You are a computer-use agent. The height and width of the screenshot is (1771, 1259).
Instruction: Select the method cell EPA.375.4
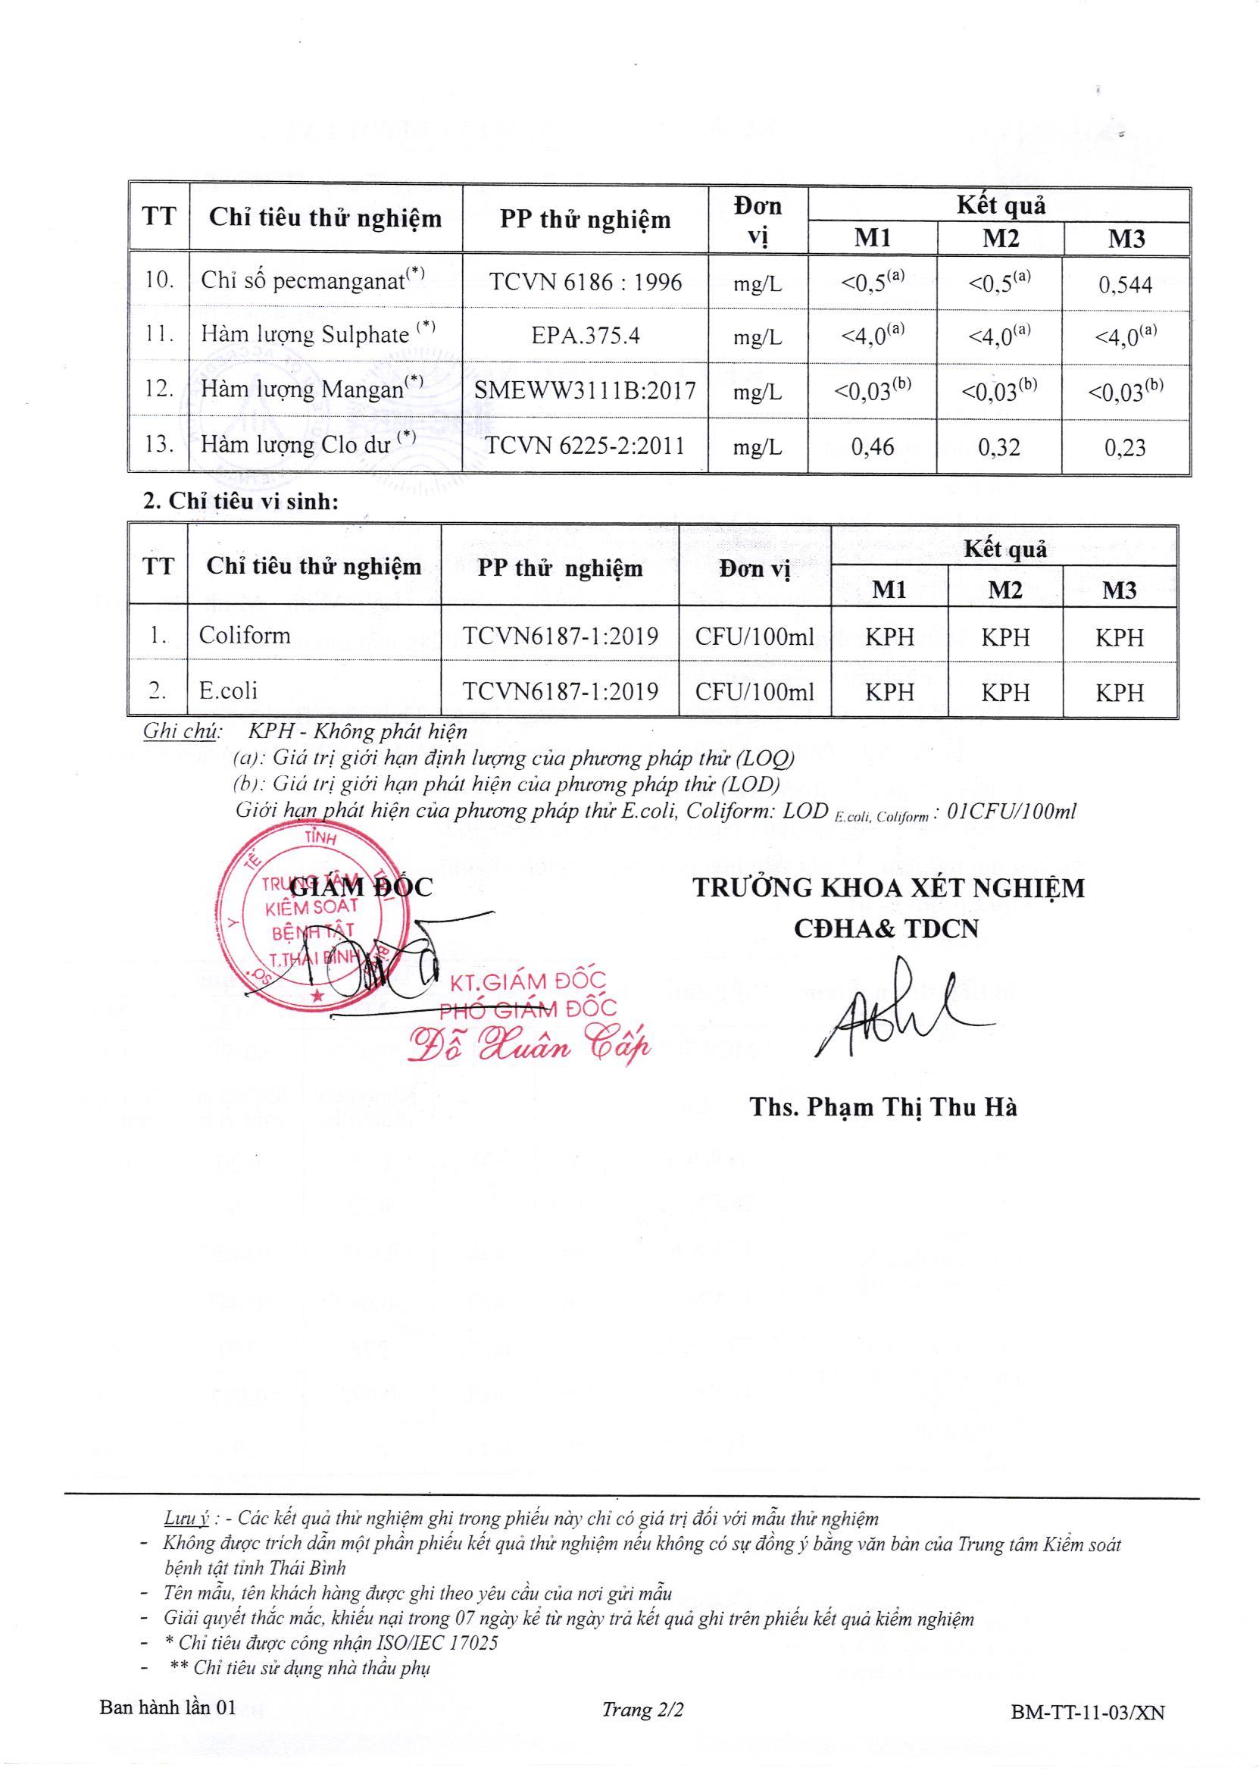pyautogui.click(x=586, y=336)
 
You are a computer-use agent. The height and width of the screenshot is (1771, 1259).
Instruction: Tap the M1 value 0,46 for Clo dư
pyautogui.click(x=872, y=446)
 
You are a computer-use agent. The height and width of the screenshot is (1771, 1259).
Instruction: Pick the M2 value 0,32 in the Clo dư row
pyautogui.click(x=999, y=446)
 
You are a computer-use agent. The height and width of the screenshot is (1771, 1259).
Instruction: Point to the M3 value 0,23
pyautogui.click(x=1125, y=447)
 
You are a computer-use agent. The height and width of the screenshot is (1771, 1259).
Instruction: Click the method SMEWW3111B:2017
pyautogui.click(x=586, y=390)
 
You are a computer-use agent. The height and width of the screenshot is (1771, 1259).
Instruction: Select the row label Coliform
pyautogui.click(x=244, y=635)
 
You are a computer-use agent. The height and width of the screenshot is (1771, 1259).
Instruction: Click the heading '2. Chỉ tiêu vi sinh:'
pyautogui.click(x=241, y=501)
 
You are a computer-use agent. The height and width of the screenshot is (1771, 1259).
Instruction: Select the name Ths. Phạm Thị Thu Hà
pyautogui.click(x=883, y=1106)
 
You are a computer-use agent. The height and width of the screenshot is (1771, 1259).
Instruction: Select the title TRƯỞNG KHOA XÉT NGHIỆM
pyautogui.click(x=889, y=888)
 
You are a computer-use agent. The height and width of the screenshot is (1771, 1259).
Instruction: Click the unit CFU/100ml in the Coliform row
pyautogui.click(x=754, y=637)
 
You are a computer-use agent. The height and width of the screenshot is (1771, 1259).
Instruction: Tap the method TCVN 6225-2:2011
pyautogui.click(x=586, y=446)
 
